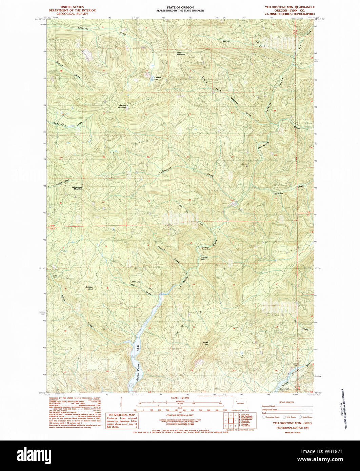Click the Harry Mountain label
181,54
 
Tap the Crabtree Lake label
157,78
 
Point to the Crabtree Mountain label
122,106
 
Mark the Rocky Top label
205,344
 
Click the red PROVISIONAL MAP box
122,421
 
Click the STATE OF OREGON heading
180,7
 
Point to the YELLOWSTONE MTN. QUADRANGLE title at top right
289,7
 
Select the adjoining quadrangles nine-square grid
231,420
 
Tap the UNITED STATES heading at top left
72,7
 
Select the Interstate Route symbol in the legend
264,417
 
